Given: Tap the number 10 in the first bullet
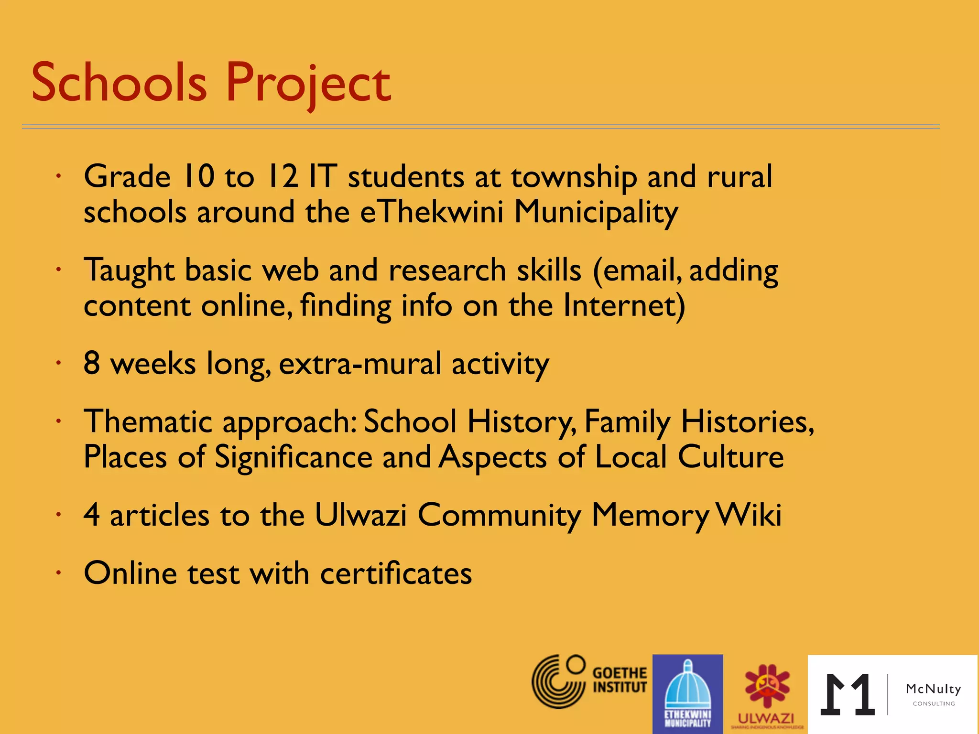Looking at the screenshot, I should tap(198, 176).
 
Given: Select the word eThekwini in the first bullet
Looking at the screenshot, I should tap(432, 212).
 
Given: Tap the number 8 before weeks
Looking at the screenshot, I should tap(92, 363).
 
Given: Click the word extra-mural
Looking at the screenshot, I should tap(360, 364).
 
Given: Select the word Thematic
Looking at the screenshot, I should tap(148, 422).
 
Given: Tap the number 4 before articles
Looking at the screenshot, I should tap(92, 515).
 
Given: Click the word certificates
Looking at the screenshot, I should tap(396, 573).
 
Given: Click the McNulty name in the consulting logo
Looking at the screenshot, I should tap(933, 689).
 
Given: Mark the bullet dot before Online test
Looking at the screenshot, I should tap(58, 572).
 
